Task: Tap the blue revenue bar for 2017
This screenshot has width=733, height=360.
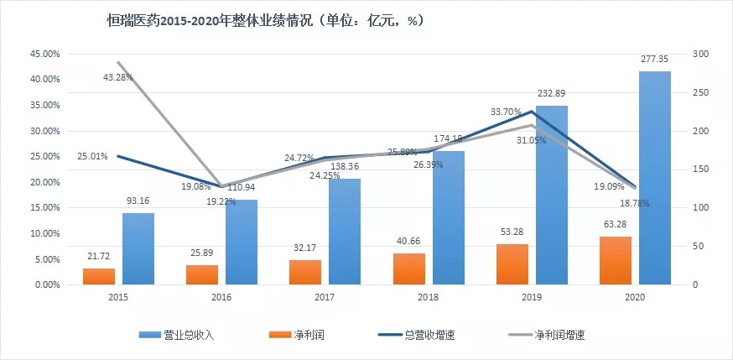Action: pyautogui.click(x=345, y=232)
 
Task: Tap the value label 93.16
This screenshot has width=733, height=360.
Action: pyautogui.click(x=138, y=201)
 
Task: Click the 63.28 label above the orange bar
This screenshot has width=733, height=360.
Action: pyautogui.click(x=616, y=223)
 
